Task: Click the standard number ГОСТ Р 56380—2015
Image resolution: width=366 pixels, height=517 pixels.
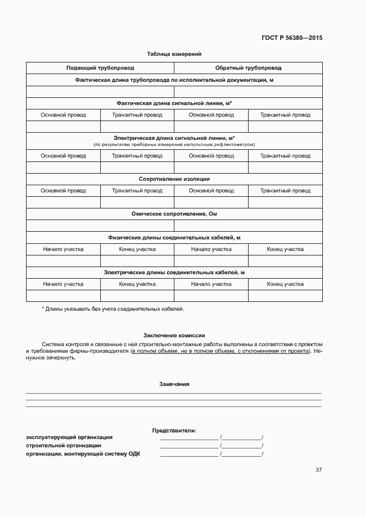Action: pos(291,38)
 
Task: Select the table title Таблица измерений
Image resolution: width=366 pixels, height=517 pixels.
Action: pos(174,54)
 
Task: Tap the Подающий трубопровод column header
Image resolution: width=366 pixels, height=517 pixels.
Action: pos(100,68)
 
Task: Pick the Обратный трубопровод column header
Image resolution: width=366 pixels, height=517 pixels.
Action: pos(248,68)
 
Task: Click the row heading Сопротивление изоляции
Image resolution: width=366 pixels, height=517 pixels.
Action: pos(174,179)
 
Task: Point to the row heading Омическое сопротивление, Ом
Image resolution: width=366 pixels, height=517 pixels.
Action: pos(174,214)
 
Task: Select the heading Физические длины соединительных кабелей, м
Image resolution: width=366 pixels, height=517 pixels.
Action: pos(174,238)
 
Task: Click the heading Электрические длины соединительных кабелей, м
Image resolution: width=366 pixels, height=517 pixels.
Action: pos(174,273)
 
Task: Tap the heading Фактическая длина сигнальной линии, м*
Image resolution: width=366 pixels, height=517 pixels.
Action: pos(174,103)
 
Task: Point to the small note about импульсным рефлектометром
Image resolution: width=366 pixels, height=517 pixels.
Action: pos(174,144)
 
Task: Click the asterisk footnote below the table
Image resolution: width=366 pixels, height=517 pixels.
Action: pos(113,309)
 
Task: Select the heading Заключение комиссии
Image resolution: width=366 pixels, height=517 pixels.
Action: pos(174,335)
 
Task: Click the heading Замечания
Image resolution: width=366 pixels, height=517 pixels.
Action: pos(174,384)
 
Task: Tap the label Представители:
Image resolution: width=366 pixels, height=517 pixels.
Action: pos(174,430)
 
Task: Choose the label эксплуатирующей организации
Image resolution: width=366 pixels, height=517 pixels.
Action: pos(69,437)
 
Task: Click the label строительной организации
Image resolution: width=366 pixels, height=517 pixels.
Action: pos(64,446)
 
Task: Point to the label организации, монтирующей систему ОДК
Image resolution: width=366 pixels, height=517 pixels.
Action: pos(83,455)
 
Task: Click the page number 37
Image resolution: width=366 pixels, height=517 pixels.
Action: pos(318,470)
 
